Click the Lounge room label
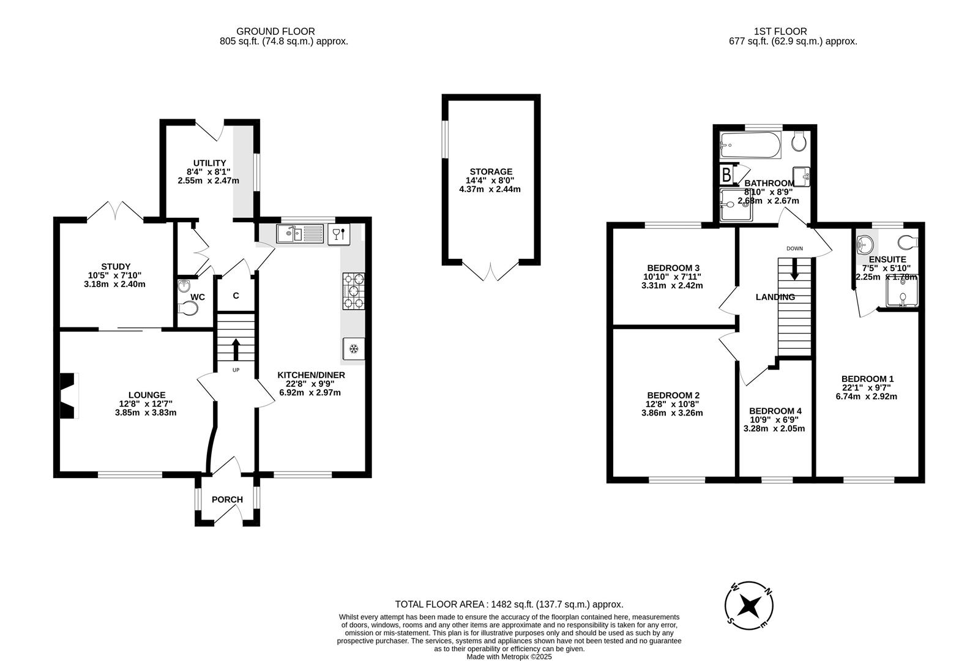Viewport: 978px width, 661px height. coord(146,395)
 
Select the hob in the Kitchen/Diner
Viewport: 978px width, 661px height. coord(354,291)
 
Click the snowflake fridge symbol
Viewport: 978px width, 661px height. coord(353,349)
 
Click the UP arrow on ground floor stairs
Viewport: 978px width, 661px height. coord(236,351)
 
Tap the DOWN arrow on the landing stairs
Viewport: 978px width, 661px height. coord(794,269)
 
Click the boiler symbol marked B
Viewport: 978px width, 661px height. coord(726,175)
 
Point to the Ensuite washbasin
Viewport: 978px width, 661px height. coord(865,244)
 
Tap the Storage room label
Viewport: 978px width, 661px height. coord(491,172)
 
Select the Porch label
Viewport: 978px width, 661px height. coord(227,499)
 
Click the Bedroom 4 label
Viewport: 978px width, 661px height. coord(775,411)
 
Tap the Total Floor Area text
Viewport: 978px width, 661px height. coord(509,604)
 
